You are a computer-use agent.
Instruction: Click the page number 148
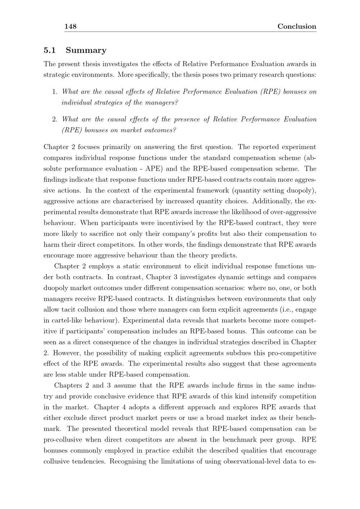point(70,26)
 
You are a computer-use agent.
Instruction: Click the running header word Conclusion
point(297,26)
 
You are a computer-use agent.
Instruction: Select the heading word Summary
point(86,50)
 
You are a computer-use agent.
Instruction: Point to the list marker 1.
point(55,91)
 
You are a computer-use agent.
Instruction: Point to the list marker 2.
point(55,119)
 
